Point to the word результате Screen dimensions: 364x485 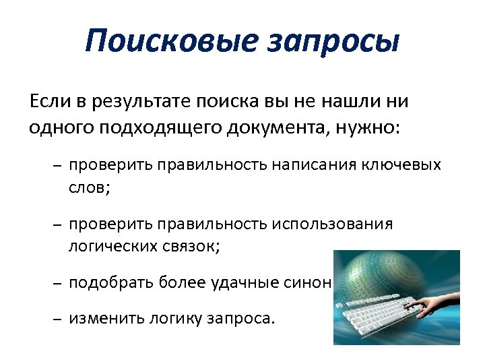coord(137,102)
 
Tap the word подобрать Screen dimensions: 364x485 coord(111,282)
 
